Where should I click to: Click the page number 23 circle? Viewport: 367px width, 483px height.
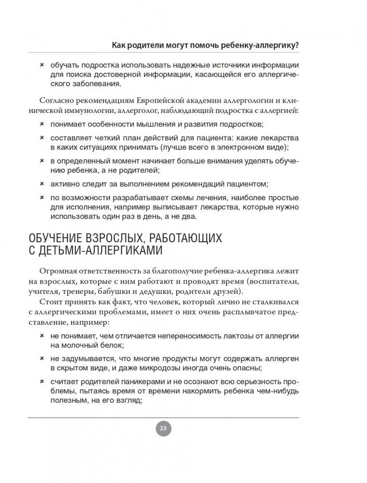point(163,428)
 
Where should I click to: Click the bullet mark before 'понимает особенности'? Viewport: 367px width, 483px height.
point(42,124)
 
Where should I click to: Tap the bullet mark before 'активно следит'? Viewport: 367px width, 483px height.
point(42,183)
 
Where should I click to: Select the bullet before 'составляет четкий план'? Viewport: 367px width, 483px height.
point(42,137)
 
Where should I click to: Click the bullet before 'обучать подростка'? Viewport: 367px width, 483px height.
point(42,64)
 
